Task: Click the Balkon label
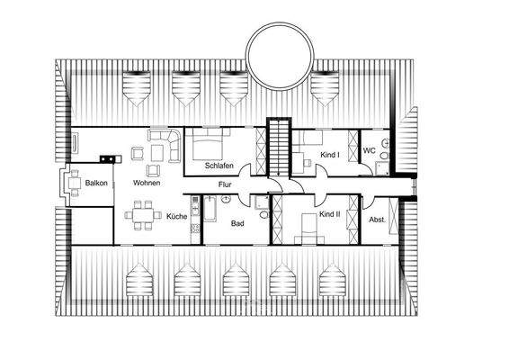click(x=96, y=183)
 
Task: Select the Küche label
click(x=175, y=217)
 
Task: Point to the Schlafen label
click(x=219, y=166)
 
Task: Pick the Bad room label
click(x=237, y=222)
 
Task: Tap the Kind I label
click(x=330, y=155)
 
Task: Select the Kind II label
click(x=330, y=215)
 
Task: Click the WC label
click(x=369, y=150)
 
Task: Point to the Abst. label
click(x=377, y=219)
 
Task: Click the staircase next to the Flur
click(x=279, y=148)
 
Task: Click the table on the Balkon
click(x=73, y=184)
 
